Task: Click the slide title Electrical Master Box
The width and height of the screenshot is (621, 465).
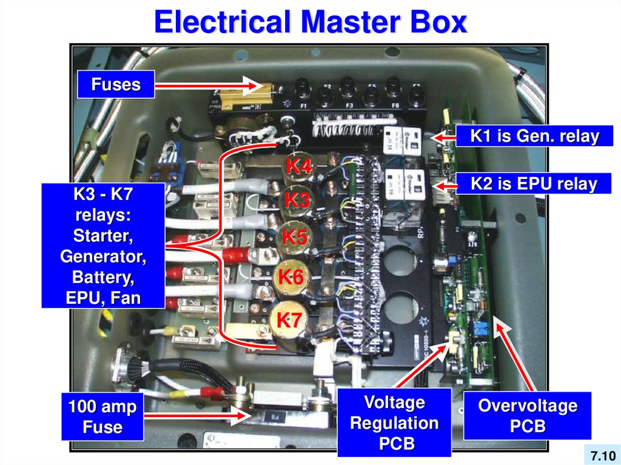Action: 310,22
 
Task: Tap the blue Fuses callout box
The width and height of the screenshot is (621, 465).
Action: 116,84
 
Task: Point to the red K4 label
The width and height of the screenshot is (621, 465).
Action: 299,166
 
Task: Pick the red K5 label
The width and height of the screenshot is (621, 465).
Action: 295,238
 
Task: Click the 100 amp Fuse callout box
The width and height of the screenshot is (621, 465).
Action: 102,417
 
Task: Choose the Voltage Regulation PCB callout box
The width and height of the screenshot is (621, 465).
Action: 394,423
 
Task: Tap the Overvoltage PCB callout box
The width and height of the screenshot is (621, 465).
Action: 527,415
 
